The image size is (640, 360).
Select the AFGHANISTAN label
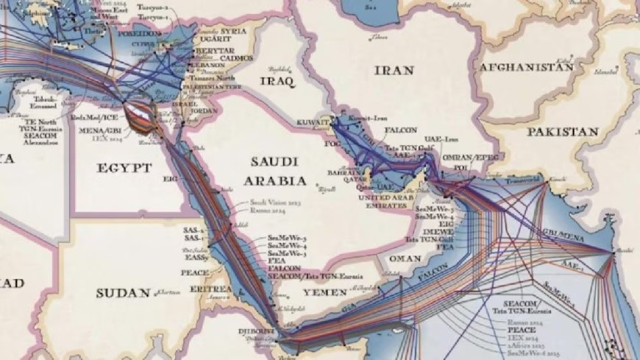pos(525,67)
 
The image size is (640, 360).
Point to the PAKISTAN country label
pos(562,132)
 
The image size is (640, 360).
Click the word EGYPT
pos(124,168)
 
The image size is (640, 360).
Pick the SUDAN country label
pos(123,293)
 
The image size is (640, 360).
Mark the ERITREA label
pos(211,290)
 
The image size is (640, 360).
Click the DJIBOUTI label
pos(257,331)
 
